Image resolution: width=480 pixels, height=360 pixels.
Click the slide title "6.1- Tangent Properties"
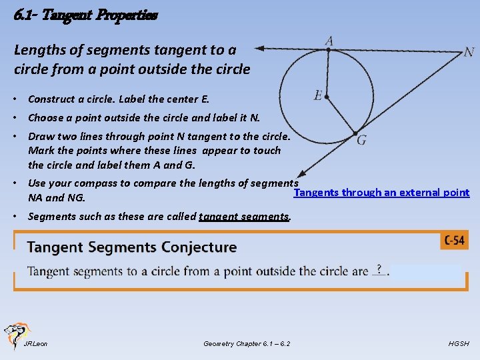85,14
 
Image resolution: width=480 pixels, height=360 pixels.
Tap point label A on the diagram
329,41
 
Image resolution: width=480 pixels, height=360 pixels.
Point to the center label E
318,96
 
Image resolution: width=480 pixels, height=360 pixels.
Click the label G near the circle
361,140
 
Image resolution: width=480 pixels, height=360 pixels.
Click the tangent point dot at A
329,49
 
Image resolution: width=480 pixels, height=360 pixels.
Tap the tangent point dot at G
356,132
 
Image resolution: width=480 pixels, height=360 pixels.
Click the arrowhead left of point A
261,48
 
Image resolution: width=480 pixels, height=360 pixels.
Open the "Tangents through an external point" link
381,193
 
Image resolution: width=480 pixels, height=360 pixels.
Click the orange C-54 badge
454,241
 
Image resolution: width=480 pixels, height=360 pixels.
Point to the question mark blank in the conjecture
379,269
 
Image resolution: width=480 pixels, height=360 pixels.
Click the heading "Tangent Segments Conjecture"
132,247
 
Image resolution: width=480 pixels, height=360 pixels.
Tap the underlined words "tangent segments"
243,216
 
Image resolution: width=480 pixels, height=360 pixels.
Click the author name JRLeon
35,344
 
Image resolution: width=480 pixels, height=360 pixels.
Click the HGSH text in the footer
459,344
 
